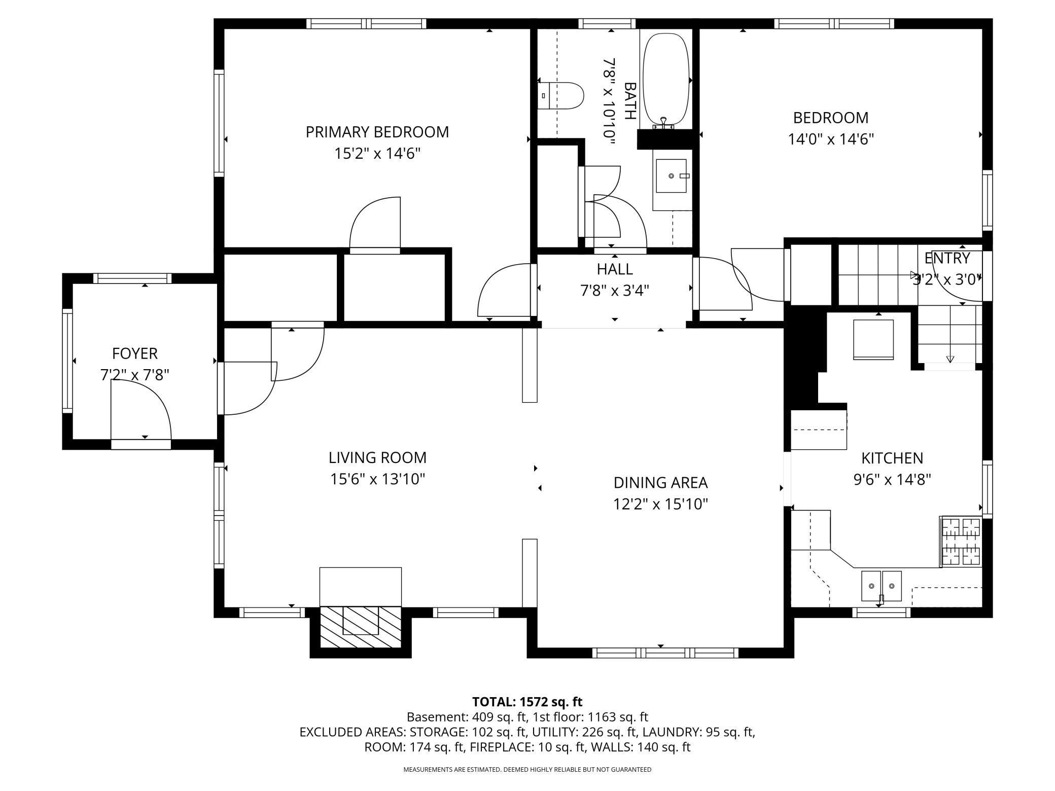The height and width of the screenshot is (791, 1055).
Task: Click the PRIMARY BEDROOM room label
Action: pos(377,132)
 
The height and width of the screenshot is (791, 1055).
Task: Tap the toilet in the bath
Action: pos(560,96)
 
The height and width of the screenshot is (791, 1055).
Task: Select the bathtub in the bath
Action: pos(666,80)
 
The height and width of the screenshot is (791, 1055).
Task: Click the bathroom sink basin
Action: pos(671,176)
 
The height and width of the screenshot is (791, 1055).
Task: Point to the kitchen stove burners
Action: pos(961,542)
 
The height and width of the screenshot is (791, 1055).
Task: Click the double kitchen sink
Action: pos(882,586)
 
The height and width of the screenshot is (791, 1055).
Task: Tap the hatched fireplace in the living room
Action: pos(361,627)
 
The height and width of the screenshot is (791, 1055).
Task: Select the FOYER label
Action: pos(135,353)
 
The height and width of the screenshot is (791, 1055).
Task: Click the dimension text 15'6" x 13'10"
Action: pos(377,479)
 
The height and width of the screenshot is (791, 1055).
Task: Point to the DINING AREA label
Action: pos(660,482)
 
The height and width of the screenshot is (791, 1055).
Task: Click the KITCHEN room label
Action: pos(892,458)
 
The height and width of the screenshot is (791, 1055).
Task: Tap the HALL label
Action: pos(615,269)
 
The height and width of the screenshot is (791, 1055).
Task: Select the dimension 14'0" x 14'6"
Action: pos(831,139)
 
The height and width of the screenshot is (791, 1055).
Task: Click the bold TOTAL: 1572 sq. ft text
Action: pos(527,702)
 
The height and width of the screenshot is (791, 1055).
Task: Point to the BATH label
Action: pos(629,101)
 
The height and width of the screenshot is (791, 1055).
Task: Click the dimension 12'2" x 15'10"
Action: pos(660,504)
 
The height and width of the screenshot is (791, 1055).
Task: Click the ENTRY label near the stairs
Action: pos(947,258)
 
